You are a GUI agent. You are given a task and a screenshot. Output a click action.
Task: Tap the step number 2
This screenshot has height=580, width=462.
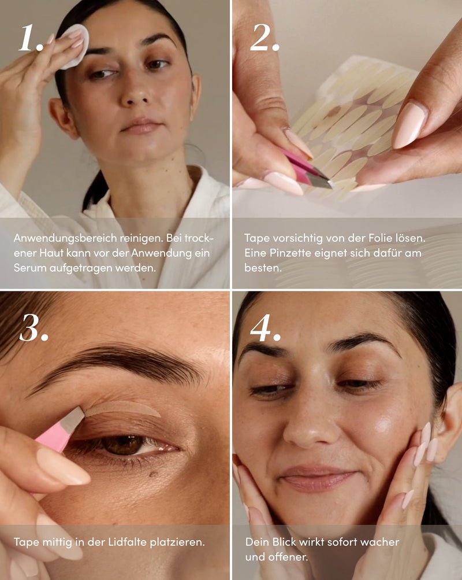coord(264,38)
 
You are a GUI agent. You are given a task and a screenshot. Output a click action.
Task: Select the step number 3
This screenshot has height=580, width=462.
coord(33,328)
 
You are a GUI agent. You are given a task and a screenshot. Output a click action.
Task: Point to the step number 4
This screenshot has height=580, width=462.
coord(265,328)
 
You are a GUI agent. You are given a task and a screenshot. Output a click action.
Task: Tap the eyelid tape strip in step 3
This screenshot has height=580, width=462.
coord(122,408)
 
